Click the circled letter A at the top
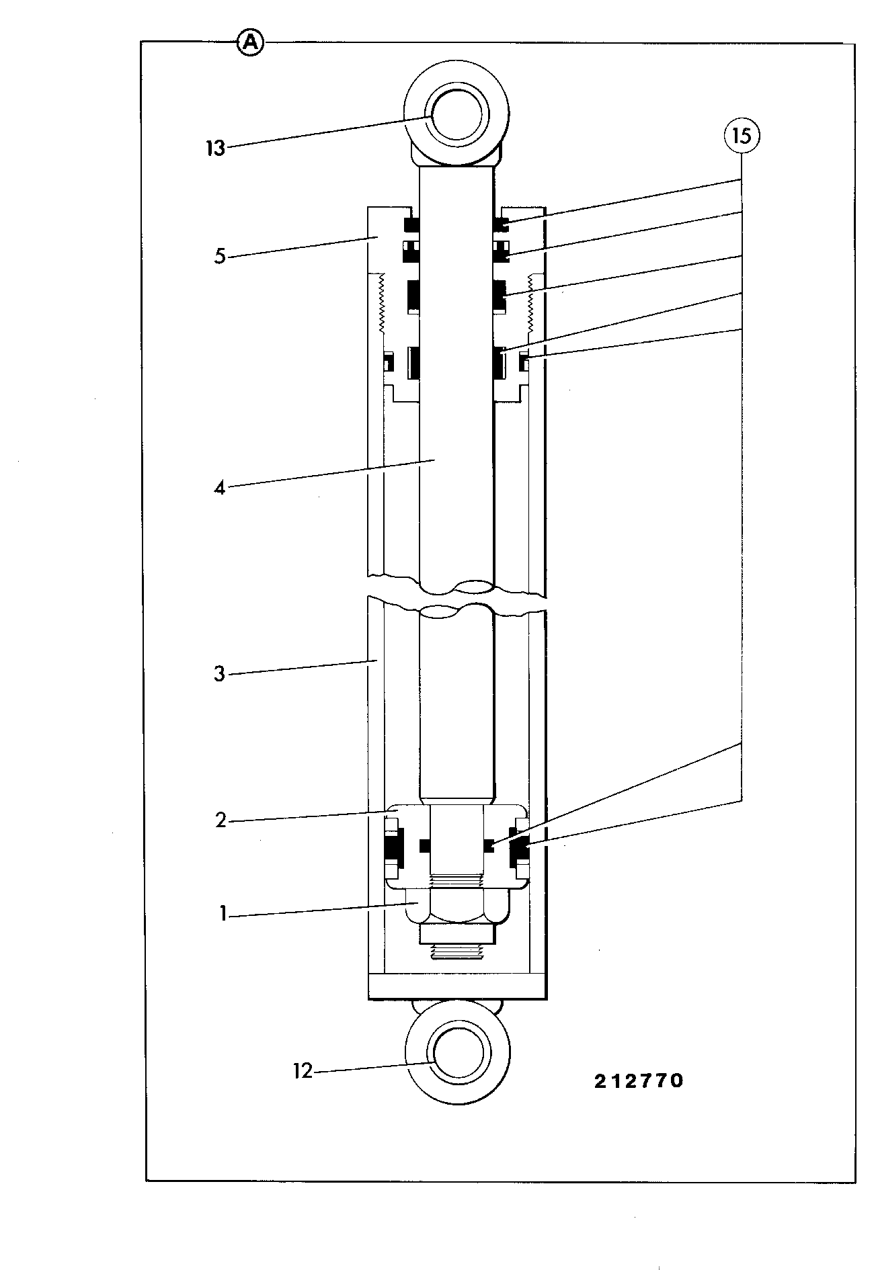click(x=250, y=43)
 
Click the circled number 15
click(x=742, y=136)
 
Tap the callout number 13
click(x=215, y=148)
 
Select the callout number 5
click(x=220, y=256)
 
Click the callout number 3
click(x=219, y=674)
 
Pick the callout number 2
click(x=221, y=820)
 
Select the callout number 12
click(x=303, y=1071)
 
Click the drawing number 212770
click(x=638, y=1081)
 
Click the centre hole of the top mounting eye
click(x=456, y=117)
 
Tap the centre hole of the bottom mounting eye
click(x=458, y=1056)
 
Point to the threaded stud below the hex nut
click(x=457, y=951)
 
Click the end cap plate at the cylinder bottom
click(x=457, y=986)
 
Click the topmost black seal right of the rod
click(x=501, y=223)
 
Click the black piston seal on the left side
click(x=392, y=848)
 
